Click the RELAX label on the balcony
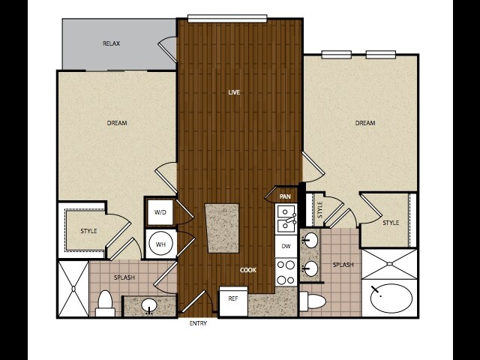[111, 43]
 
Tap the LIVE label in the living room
[234, 92]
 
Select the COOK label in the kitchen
[248, 270]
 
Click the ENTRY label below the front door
[198, 323]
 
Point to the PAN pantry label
[285, 196]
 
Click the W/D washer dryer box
[160, 212]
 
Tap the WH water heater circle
[160, 244]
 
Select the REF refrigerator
[234, 301]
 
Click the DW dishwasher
[286, 246]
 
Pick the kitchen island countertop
[223, 228]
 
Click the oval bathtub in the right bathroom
[391, 298]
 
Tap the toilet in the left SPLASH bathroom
[105, 303]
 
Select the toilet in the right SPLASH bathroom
[312, 301]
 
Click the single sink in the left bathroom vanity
[149, 305]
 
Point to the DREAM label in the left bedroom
[117, 123]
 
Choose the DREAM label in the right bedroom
[365, 123]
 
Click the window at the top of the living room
[227, 18]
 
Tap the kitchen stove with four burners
[286, 271]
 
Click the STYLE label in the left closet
[88, 231]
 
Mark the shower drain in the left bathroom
[73, 288]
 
